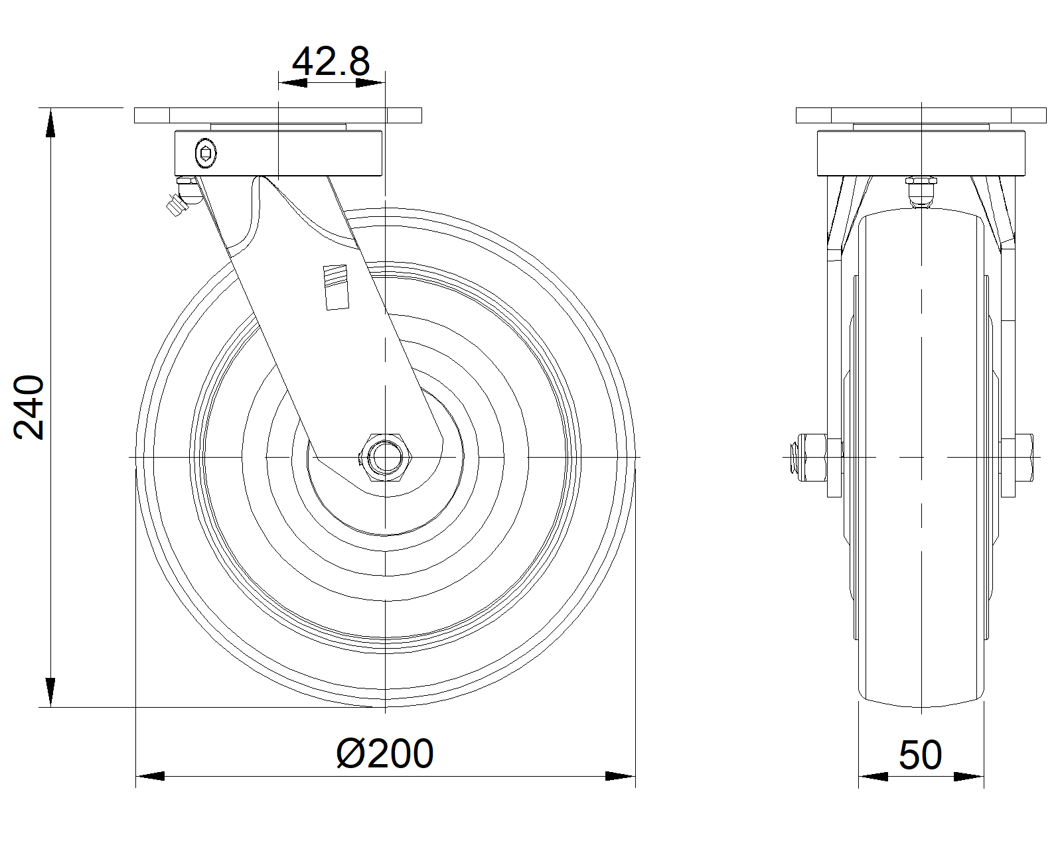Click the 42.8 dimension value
(331, 62)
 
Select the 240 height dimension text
(29, 407)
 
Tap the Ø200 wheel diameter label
(385, 753)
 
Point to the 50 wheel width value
(921, 755)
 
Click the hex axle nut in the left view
(386, 458)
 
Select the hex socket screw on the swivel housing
(206, 153)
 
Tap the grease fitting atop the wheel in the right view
(921, 192)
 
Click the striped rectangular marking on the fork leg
(336, 288)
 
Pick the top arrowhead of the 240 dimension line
(50, 123)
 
